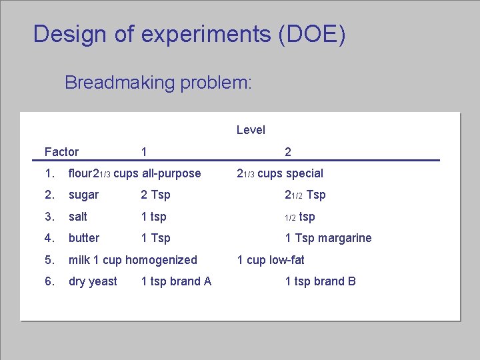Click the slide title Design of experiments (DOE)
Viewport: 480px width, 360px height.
189,34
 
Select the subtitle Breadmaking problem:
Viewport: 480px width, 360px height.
158,83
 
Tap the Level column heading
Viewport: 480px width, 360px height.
251,130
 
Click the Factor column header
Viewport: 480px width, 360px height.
61,152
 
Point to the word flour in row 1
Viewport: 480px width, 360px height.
81,173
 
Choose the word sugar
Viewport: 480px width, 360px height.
83,195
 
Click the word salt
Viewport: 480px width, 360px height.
78,217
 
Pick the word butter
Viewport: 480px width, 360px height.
84,238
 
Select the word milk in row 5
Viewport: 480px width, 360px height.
80,260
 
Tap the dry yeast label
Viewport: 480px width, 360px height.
93,281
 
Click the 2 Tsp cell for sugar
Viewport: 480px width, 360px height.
155,195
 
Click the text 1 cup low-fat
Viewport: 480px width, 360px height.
271,260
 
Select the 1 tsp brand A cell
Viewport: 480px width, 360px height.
176,281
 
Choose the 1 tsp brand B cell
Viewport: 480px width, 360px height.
320,281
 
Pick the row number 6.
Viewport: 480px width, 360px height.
48,281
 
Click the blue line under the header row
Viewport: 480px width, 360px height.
237,161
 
